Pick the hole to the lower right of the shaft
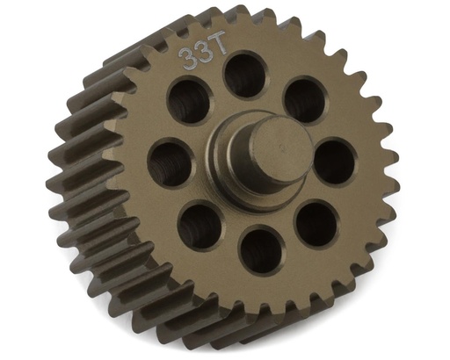[314, 223]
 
